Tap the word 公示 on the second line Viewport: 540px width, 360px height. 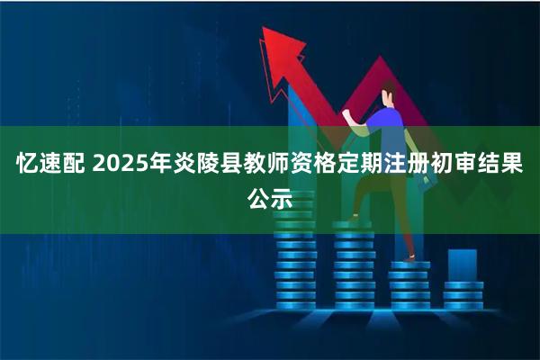click(x=270, y=200)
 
